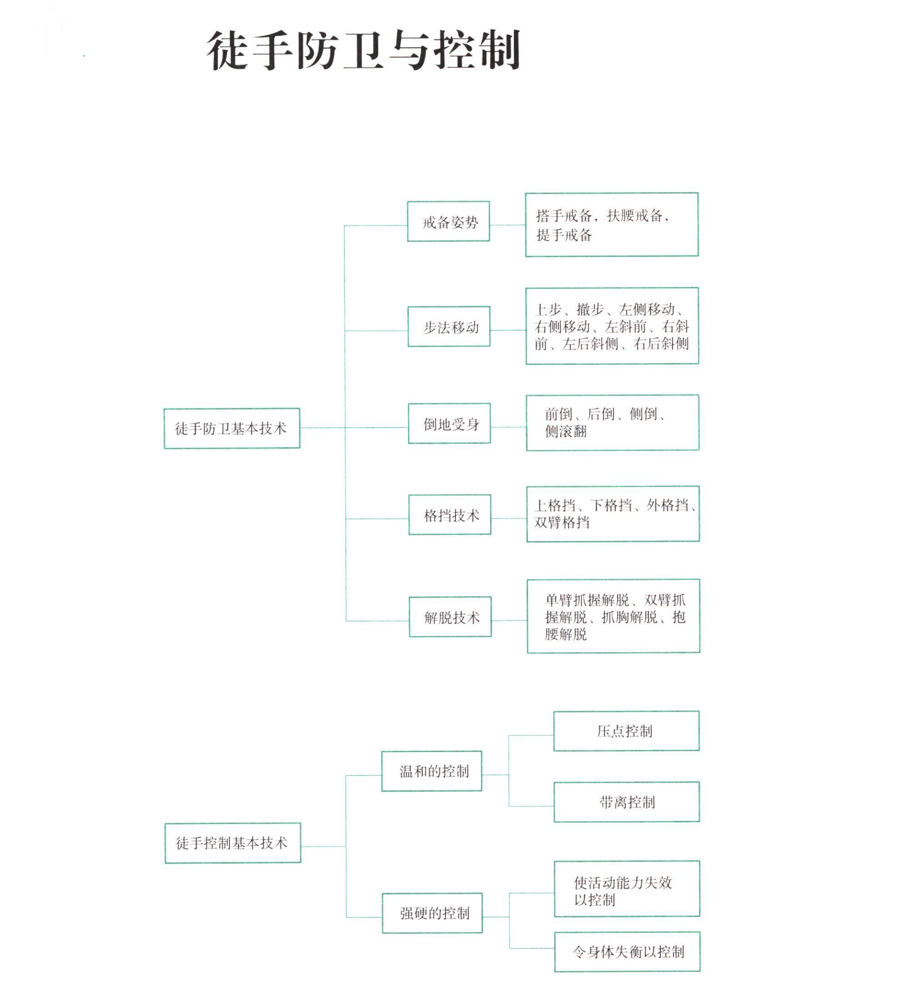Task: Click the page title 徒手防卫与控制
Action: [363, 50]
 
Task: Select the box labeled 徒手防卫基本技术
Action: [232, 428]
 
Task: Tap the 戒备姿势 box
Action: [448, 221]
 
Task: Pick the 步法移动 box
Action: [449, 326]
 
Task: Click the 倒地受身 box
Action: [449, 423]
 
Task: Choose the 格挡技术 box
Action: [450, 514]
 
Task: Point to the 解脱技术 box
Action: [450, 616]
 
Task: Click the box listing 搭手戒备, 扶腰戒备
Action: [611, 225]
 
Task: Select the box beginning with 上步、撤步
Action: [612, 326]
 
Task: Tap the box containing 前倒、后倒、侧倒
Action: [612, 422]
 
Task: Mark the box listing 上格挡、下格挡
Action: [613, 514]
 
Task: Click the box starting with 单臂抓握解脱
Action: [613, 616]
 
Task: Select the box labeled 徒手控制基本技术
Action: [233, 843]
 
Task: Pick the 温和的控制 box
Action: [431, 771]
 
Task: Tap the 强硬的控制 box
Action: [432, 913]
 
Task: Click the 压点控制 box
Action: [626, 731]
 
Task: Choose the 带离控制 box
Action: [626, 802]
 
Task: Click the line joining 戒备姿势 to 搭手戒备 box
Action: [507, 225]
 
